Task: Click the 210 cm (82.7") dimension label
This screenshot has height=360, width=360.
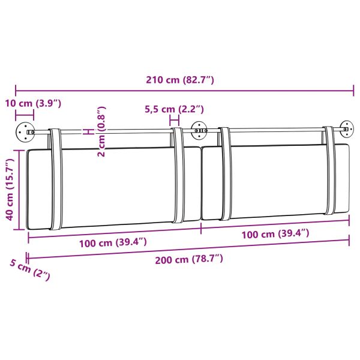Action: [180, 80]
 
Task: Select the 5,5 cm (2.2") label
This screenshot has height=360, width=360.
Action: [175, 109]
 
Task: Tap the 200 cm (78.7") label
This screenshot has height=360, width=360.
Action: [189, 259]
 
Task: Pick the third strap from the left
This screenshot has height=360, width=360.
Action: [225, 174]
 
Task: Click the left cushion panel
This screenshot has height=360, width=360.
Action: [114, 187]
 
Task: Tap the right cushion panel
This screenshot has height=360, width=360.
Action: [276, 180]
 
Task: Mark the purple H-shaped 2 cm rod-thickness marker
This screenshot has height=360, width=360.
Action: [88, 131]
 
